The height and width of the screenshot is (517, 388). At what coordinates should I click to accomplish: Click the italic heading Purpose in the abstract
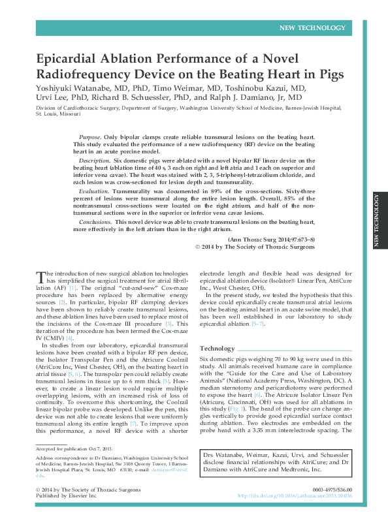88,139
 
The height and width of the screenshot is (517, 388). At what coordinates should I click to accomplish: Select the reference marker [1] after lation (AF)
74,287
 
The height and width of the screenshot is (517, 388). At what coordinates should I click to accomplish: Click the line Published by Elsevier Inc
67,495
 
